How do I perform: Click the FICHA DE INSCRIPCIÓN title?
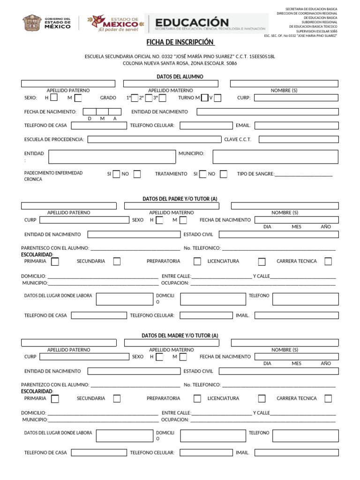pos(180,43)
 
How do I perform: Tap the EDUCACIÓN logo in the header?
pos(192,23)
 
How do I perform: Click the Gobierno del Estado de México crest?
pos(32,23)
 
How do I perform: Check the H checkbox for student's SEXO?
pos(54,98)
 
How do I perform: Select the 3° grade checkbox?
pos(162,98)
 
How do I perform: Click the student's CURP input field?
pos(296,98)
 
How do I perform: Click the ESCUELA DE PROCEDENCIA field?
pos(154,139)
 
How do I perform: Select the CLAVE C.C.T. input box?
pos(298,139)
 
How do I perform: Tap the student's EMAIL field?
pos(296,126)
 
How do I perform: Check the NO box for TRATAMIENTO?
pos(224,174)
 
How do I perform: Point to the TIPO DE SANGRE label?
pos(255,174)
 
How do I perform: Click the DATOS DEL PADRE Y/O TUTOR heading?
pos(180,199)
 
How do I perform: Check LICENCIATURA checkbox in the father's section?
pos(262,262)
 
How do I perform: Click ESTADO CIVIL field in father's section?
pos(278,234)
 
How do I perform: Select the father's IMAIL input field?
pos(296,315)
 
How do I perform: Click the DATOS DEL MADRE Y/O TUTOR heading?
pos(180,335)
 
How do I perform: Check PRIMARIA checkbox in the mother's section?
pos(55,398)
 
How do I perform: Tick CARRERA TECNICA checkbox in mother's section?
pos(328,398)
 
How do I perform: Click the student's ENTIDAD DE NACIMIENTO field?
pos(267,112)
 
